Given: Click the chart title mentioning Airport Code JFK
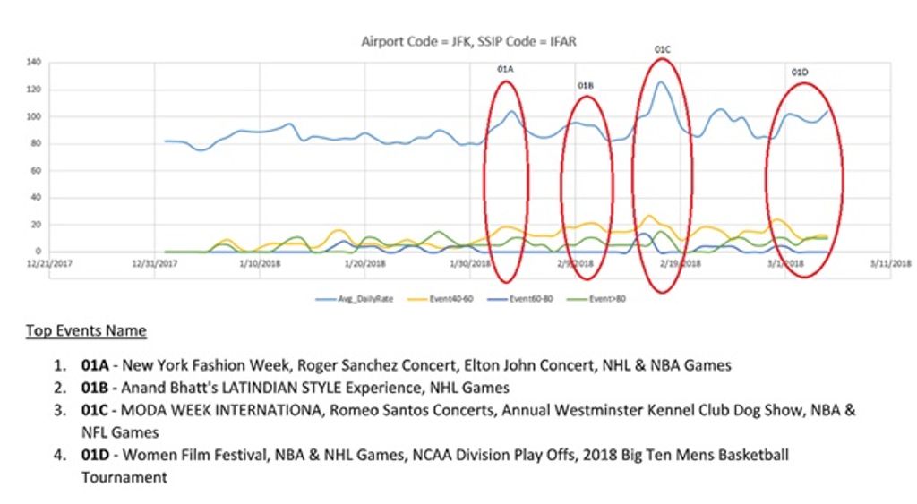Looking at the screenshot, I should click(474, 41).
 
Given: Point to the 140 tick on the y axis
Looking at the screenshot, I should click(35, 63).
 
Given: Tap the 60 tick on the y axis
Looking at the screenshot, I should click(37, 170).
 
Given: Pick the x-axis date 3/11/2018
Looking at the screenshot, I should click(892, 264).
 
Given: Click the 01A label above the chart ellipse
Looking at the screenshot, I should click(505, 69).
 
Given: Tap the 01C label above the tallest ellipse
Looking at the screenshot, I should click(663, 50).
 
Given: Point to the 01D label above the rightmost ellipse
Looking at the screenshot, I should click(800, 72).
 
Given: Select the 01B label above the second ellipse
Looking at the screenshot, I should click(586, 86).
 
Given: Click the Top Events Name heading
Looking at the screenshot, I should click(86, 331).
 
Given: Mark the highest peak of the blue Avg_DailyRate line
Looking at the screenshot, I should click(661, 82).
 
